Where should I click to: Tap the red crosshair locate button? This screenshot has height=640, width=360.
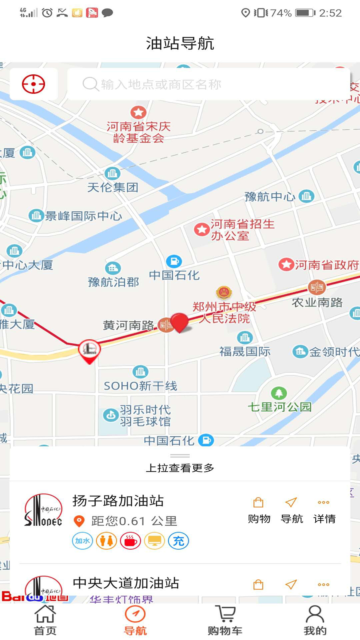point(34,84)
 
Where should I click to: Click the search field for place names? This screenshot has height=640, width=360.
point(208,84)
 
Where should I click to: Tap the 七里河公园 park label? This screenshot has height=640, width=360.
point(279,406)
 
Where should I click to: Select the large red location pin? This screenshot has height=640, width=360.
point(180,322)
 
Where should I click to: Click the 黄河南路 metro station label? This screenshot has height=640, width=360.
point(128,325)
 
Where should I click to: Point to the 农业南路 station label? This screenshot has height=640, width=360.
point(317,302)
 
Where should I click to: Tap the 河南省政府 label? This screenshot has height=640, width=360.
point(326,265)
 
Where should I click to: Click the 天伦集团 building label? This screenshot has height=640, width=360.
point(113,187)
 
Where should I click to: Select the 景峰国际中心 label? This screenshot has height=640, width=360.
point(83,216)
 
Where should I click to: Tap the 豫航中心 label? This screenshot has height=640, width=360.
point(270,196)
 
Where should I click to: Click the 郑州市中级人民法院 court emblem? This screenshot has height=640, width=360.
point(224,293)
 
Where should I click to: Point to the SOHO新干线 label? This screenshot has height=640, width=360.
point(140,386)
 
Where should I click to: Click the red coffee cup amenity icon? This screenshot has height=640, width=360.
point(130,541)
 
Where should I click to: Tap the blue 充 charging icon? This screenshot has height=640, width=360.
point(178,541)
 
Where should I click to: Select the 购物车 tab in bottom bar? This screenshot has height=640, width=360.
point(225,620)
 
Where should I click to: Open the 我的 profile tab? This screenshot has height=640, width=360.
point(315,620)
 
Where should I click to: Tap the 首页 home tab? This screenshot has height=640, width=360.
point(45,620)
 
